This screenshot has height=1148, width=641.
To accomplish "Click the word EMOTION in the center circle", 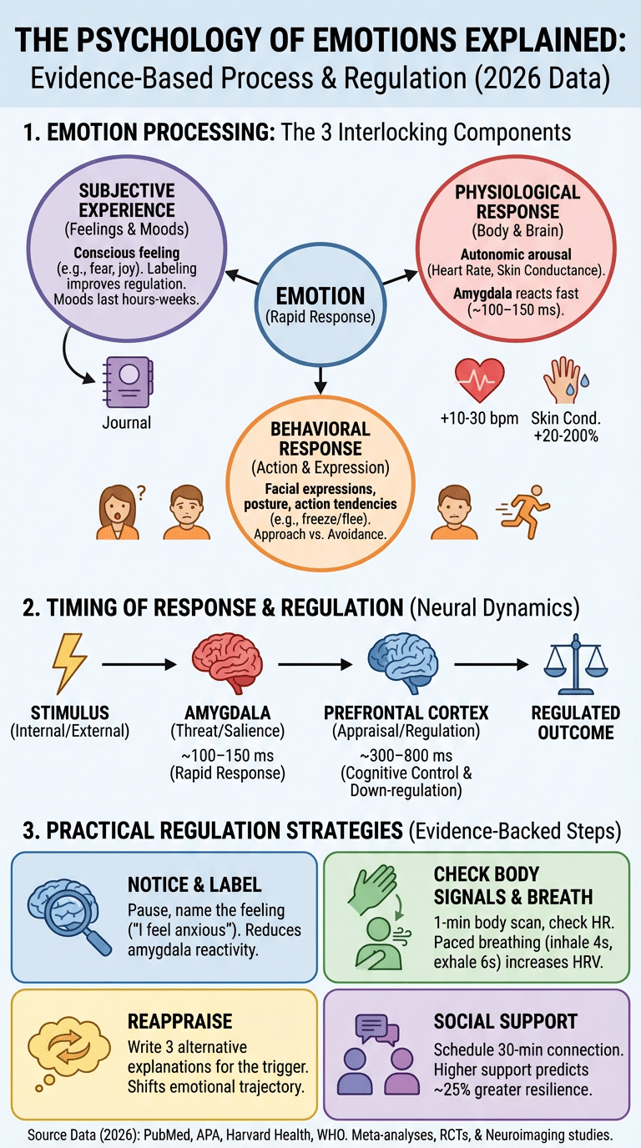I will [320, 295].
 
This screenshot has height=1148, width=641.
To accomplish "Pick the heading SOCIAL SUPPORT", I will [506, 1020].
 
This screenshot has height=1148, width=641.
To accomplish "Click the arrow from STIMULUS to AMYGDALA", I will [139, 664].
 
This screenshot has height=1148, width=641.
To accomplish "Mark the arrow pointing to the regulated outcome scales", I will [491, 664].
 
